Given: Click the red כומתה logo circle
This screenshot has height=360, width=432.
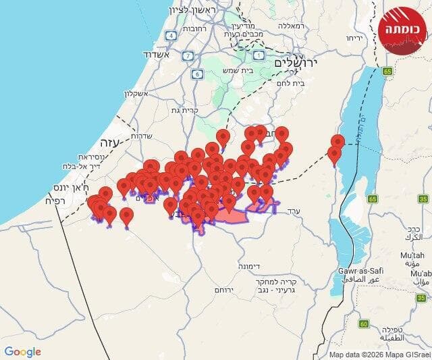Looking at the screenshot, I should tap(404, 31).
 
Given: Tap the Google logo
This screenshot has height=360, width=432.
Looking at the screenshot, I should tap(22, 352).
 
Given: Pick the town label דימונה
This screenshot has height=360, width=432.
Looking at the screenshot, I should tap(251, 267).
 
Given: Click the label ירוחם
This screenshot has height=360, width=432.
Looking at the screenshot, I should tap(224, 289).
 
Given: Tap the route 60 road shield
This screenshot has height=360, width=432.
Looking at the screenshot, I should tap(364, 324).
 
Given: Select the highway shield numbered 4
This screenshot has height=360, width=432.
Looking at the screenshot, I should tap(171, 35).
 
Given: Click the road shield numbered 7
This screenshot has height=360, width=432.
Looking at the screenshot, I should tap(188, 56).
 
